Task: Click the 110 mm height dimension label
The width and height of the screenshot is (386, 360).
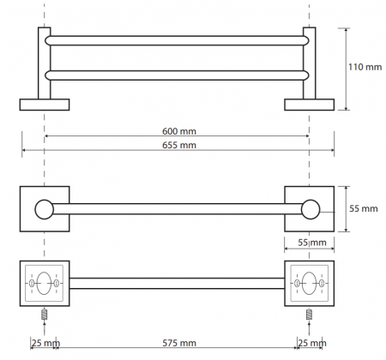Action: coord(365,67)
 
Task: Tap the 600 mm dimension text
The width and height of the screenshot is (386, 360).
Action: coord(179,131)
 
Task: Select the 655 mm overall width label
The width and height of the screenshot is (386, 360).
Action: coord(179,145)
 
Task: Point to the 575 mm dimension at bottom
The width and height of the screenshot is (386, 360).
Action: coord(179,343)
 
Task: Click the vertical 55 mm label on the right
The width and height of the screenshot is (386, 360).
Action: coord(364,208)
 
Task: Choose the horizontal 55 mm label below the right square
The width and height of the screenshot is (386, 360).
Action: coord(312,243)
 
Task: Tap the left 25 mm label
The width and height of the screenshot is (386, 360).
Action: coord(45,343)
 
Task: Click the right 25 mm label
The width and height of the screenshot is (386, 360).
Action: coord(312,343)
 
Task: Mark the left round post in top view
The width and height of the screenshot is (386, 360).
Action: coord(45,209)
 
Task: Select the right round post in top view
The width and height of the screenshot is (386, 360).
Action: coord(311,209)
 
